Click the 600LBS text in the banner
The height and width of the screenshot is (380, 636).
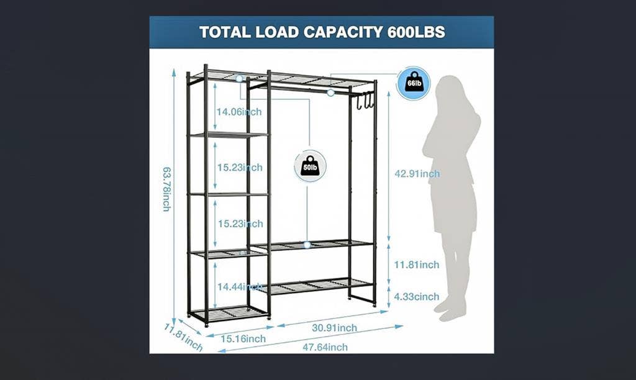point(416,32)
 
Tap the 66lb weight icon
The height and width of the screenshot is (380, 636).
point(414,83)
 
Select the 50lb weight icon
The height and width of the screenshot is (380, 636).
point(311,166)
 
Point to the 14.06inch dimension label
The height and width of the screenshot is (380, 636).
point(238,112)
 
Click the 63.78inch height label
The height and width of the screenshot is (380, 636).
point(166,189)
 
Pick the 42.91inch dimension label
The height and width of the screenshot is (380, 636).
point(417,174)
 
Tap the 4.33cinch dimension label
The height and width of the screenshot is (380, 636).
point(417,297)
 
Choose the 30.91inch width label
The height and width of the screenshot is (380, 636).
point(334,328)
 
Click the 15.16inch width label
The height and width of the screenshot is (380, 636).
point(243,338)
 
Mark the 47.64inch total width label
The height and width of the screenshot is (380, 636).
point(325,347)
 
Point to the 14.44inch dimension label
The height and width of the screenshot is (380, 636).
point(239,287)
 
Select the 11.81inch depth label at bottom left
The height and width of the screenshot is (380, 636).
point(183,337)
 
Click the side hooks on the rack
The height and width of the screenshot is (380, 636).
point(365,101)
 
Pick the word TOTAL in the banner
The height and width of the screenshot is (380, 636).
point(225,32)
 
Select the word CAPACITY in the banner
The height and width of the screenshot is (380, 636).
point(343,32)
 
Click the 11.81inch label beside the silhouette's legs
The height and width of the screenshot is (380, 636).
point(417,265)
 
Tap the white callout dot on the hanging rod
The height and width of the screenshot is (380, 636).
point(330,93)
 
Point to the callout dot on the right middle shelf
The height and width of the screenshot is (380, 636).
point(307,245)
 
